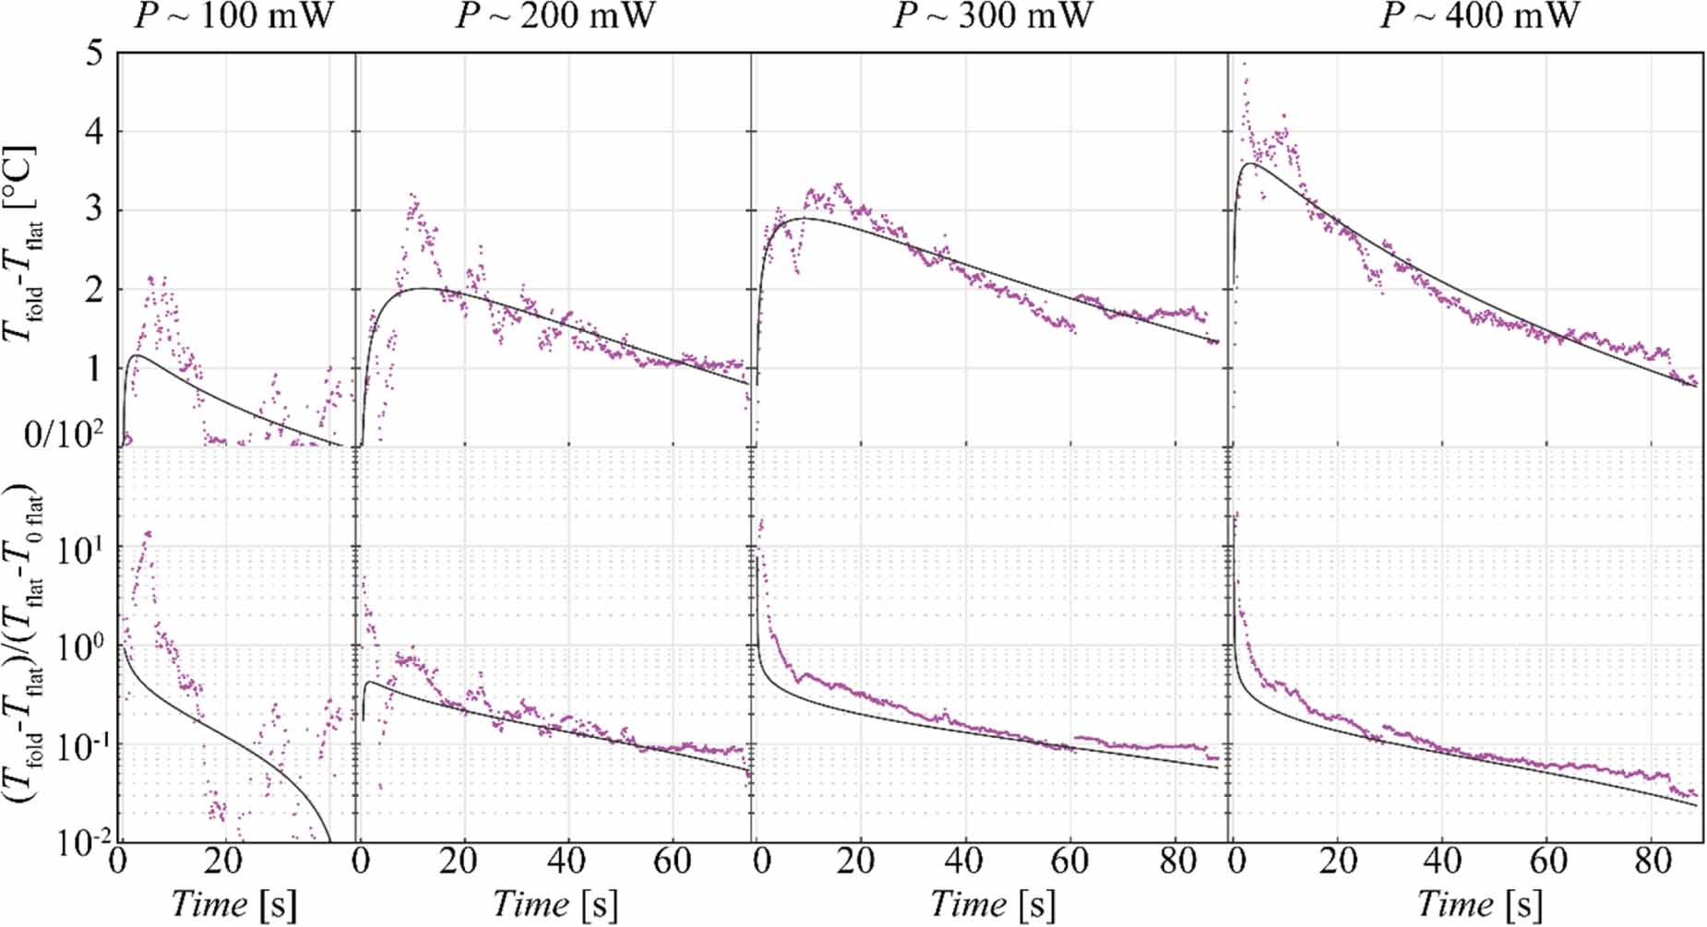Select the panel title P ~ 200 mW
[x=555, y=17]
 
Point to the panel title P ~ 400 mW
[x=1479, y=17]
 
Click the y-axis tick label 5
[x=94, y=53]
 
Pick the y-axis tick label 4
[x=94, y=131]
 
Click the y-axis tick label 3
[x=94, y=210]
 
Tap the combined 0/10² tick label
[x=64, y=433]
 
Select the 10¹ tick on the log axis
[x=79, y=551]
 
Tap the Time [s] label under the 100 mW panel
[x=234, y=904]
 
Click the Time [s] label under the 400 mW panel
[x=1479, y=904]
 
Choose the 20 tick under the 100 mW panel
[x=222, y=862]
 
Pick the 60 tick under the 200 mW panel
[x=672, y=862]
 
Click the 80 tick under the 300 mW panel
[x=1176, y=862]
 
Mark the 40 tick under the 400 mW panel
[x=1441, y=862]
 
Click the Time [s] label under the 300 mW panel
[x=992, y=904]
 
